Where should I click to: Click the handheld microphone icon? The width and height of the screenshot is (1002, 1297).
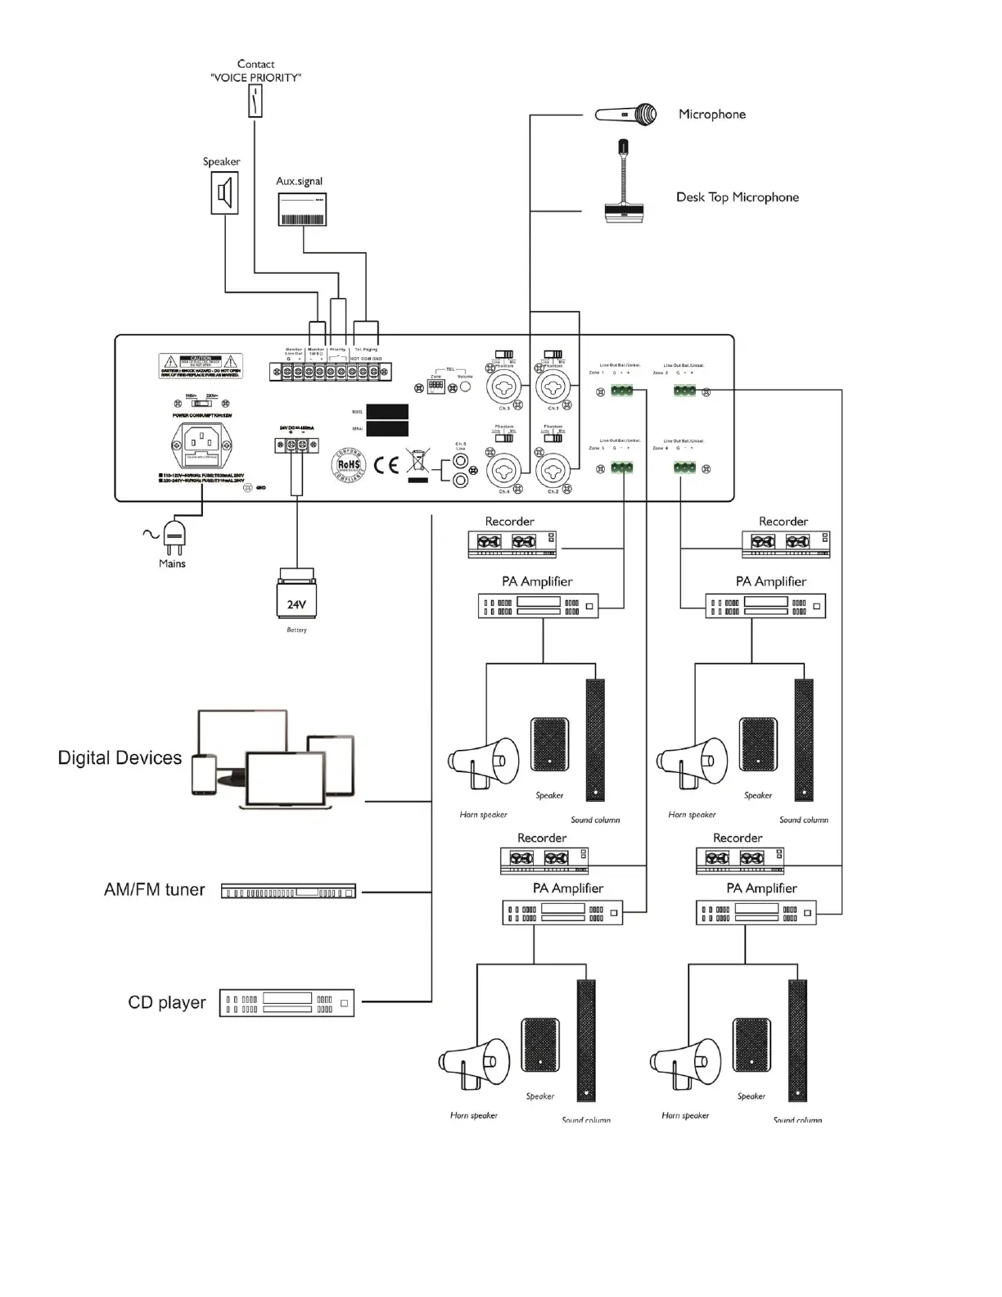626,115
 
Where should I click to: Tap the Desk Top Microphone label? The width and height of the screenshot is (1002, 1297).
737,197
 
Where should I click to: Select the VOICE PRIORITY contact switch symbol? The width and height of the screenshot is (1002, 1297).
255,102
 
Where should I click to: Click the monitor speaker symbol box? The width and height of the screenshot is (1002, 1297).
225,194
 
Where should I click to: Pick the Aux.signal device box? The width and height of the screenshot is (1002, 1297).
301,209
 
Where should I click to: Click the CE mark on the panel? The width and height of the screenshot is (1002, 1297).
386,465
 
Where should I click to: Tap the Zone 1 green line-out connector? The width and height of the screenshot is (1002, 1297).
621,391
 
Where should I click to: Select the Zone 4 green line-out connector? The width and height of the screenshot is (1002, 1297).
684,468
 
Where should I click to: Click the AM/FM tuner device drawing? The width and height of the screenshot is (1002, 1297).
288,892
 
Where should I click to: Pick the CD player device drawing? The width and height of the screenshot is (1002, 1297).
287,1003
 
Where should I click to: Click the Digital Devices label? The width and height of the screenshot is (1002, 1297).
120,758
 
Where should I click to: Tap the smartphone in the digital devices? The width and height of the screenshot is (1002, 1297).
204,775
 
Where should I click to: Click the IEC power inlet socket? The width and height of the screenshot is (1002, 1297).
197,446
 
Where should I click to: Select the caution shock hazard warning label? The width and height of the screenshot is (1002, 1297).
201,365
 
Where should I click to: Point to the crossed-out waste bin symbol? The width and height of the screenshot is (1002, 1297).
417,461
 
